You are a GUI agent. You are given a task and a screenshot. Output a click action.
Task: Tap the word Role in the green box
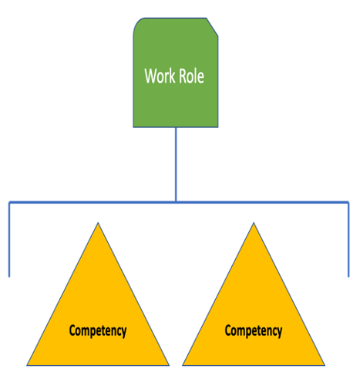191,76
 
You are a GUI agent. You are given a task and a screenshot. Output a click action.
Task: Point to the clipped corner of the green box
212,27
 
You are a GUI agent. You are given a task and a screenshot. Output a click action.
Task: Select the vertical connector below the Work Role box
176,164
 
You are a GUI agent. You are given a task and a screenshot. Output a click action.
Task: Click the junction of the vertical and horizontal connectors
176,202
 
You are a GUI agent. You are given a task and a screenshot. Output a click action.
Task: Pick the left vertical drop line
9,239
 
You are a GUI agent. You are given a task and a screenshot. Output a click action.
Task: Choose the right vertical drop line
348,239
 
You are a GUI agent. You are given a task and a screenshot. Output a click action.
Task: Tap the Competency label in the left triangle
98,331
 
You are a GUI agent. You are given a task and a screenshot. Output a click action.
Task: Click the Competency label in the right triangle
254,331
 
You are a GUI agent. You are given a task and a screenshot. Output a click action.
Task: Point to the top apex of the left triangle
98,223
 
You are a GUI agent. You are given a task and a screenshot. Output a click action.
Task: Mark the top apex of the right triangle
254,223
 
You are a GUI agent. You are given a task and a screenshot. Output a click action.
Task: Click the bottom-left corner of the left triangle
27,365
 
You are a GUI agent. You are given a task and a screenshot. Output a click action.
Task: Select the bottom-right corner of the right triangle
325,365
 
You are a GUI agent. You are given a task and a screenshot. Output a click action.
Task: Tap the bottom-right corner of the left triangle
169,365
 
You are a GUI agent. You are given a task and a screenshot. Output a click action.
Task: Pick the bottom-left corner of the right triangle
183,365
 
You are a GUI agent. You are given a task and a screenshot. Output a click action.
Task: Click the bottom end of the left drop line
9,277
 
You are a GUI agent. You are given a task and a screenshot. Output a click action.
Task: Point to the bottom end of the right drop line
348,277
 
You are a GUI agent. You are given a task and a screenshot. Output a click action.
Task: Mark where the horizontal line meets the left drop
9,202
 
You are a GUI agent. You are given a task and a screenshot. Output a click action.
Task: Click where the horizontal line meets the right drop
348,202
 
